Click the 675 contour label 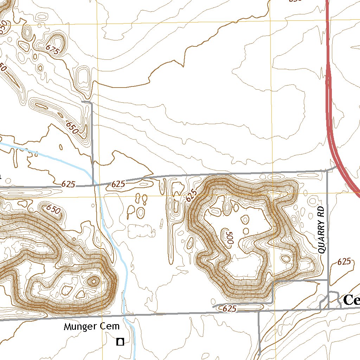coord(53,50)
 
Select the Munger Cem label coord(91,327)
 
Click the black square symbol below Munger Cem coord(120,341)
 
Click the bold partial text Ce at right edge coord(351,300)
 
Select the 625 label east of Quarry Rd coord(343,261)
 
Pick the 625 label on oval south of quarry coord(229,308)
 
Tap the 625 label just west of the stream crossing coord(68,184)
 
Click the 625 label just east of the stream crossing coord(118,184)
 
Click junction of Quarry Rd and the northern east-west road coord(327,171)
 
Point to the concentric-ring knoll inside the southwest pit coord(94,281)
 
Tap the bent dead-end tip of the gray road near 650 coord(82,101)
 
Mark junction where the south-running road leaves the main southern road coord(259,311)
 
